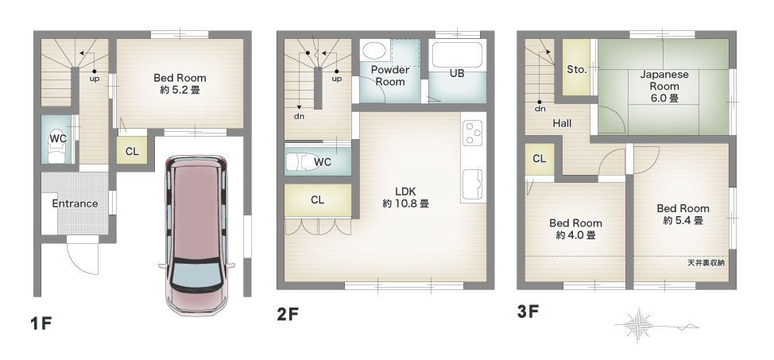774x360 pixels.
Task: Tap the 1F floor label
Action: point(41,323)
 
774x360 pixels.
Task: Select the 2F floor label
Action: point(288,314)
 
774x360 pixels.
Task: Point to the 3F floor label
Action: point(528,312)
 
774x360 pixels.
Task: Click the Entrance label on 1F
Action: point(75,203)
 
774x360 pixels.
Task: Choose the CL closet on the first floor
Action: point(132,151)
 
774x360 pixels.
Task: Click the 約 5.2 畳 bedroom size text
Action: point(180,91)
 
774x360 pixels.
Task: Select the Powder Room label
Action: point(390,75)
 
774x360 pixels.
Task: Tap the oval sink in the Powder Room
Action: point(374,51)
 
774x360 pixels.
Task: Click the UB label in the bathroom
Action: point(457,74)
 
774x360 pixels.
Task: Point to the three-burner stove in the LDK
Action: point(473,132)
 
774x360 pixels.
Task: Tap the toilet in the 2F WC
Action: point(302,162)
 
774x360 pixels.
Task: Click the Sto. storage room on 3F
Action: point(577,68)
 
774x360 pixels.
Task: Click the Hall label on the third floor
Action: point(563,123)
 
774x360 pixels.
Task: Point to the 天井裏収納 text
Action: point(706,263)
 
